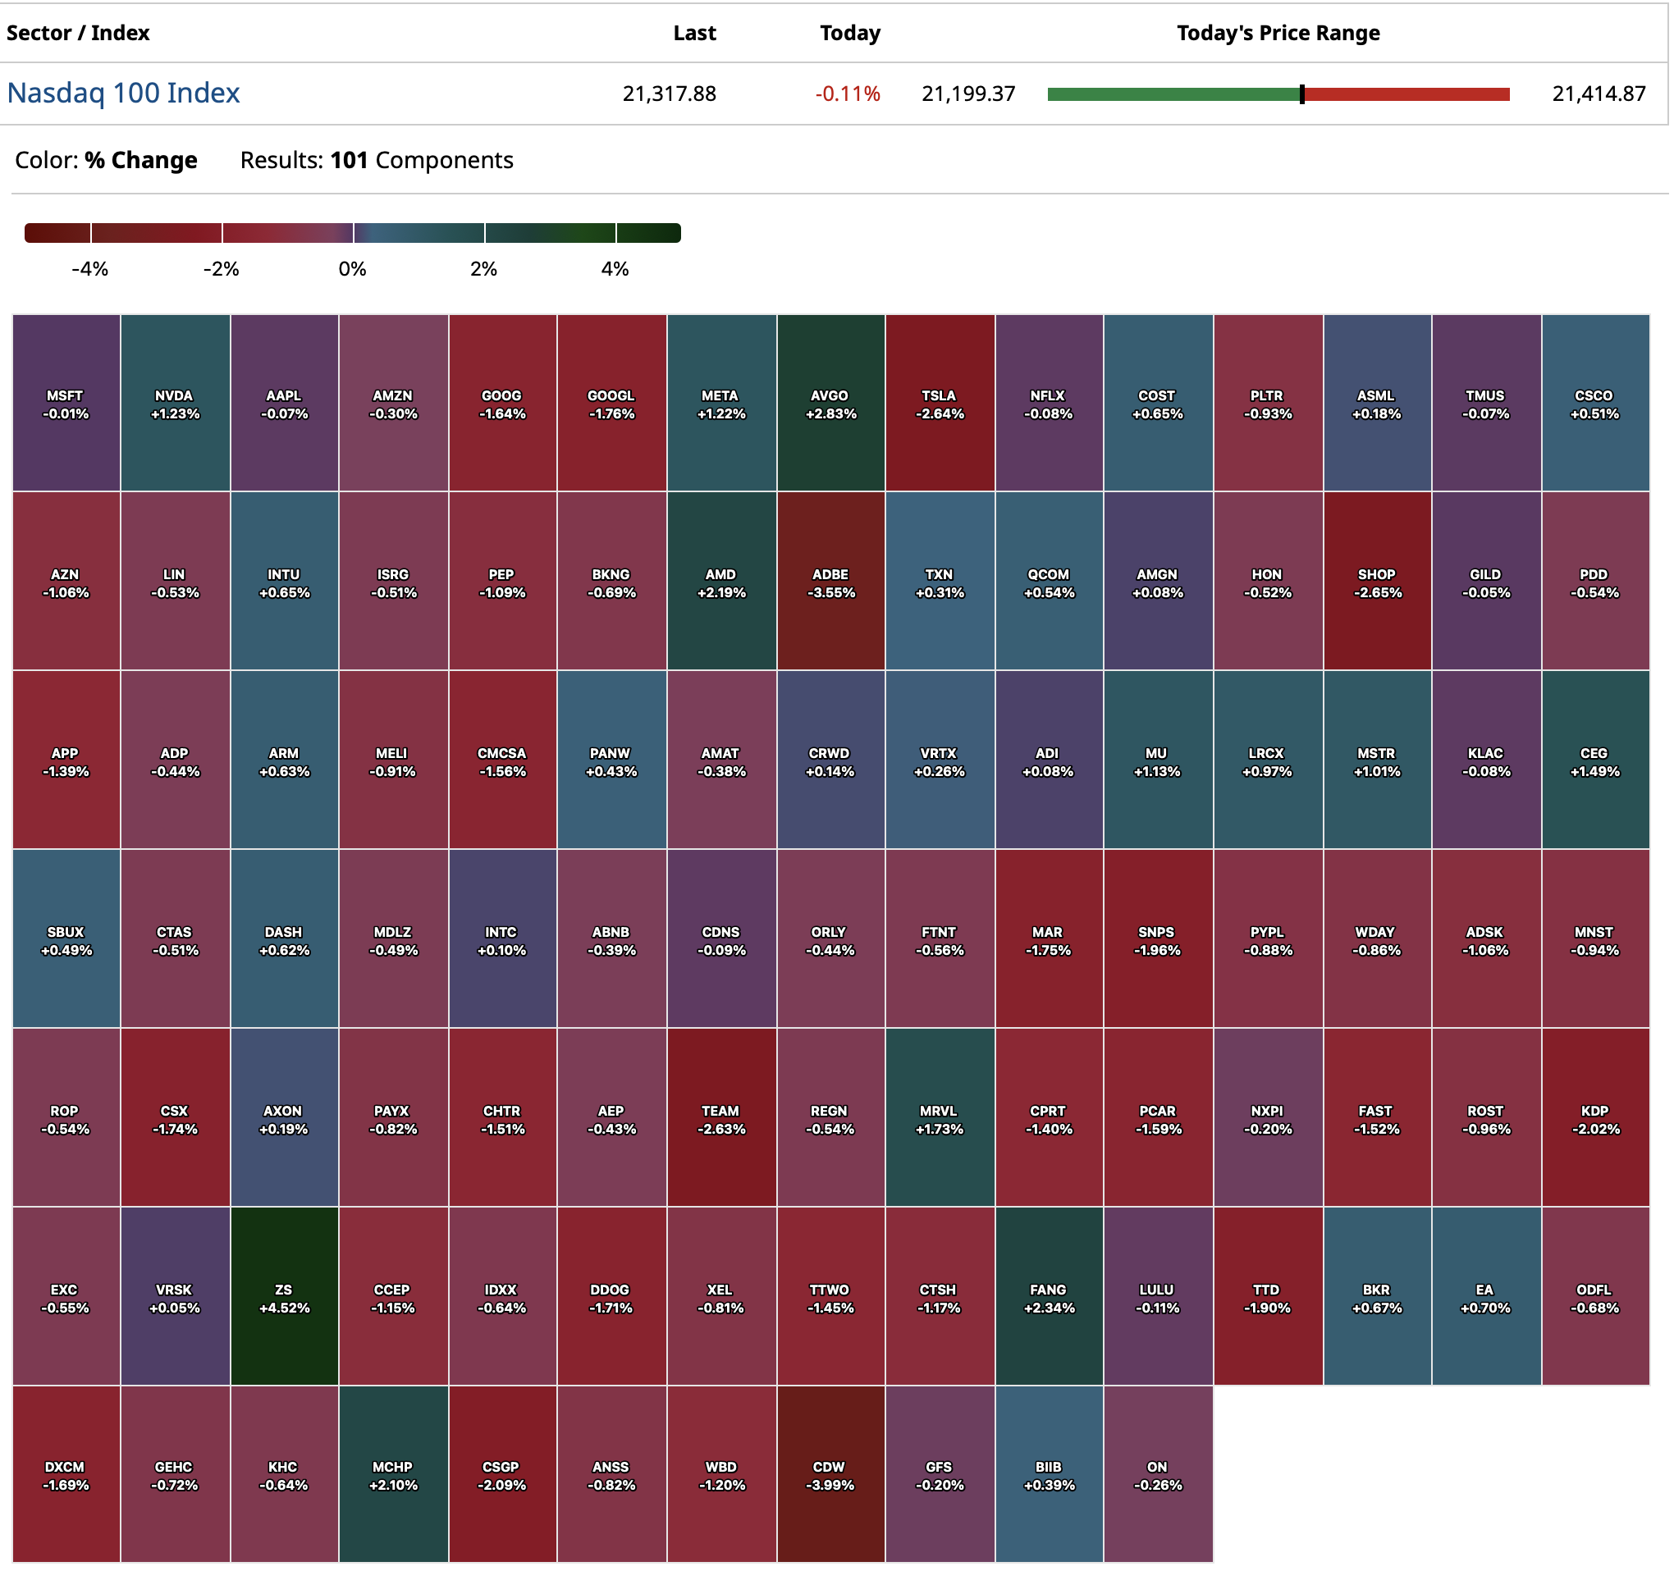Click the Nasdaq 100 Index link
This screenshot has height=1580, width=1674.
[123, 93]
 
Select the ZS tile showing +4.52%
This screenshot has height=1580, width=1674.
[284, 1298]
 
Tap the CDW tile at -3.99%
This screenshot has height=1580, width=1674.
[830, 1476]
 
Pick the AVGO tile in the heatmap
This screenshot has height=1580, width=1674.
[830, 404]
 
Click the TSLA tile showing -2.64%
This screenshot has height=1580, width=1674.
[940, 404]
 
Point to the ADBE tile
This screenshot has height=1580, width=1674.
[830, 582]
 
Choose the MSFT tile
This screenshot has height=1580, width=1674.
[66, 404]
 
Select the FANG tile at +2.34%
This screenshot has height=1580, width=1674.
[1049, 1298]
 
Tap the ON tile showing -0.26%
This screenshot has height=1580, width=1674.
[1159, 1476]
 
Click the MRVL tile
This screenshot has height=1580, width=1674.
[940, 1119]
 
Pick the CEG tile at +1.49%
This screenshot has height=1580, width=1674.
[1594, 761]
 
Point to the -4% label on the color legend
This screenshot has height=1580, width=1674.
[90, 270]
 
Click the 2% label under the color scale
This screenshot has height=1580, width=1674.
[483, 270]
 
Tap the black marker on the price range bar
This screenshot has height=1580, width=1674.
[1302, 94]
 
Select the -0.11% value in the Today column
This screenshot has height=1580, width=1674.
[848, 94]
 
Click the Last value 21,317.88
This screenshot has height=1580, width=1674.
[670, 94]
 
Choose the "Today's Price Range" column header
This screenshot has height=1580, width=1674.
[1278, 33]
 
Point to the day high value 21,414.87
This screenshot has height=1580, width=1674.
[1599, 94]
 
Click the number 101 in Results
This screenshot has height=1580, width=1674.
[349, 160]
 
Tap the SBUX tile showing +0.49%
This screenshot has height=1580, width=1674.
[66, 940]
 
